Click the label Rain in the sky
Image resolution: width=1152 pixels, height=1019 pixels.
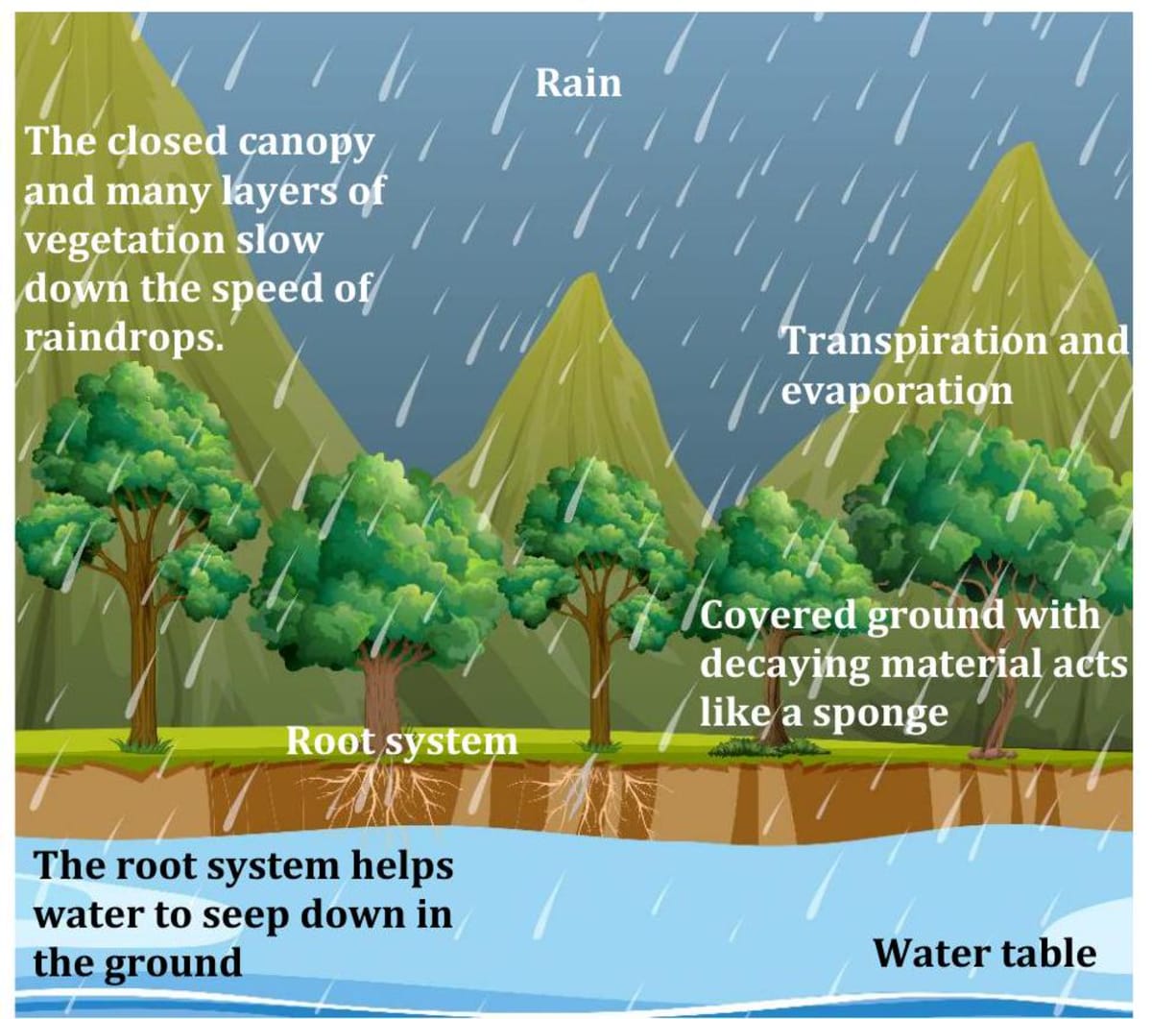point(578,83)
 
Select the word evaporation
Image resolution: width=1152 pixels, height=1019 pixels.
point(896,391)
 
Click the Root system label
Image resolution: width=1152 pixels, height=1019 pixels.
point(401,741)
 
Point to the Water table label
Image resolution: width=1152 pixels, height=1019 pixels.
point(984,953)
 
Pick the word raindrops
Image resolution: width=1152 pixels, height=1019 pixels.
point(122,339)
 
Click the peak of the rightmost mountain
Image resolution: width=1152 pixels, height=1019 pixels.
point(1025,149)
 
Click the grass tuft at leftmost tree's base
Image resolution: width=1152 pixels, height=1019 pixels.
point(142,744)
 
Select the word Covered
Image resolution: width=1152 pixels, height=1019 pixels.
point(778,616)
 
